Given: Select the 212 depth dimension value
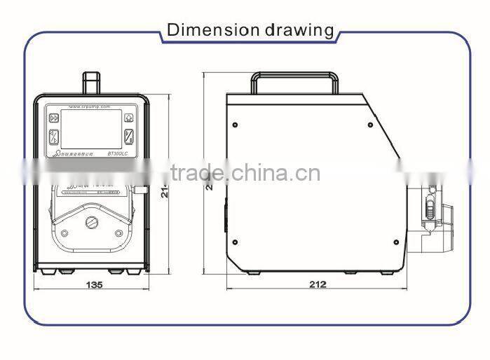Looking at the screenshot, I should (318, 284).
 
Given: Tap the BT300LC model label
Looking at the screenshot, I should (118, 153).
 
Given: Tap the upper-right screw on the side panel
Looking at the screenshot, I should (371, 125).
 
